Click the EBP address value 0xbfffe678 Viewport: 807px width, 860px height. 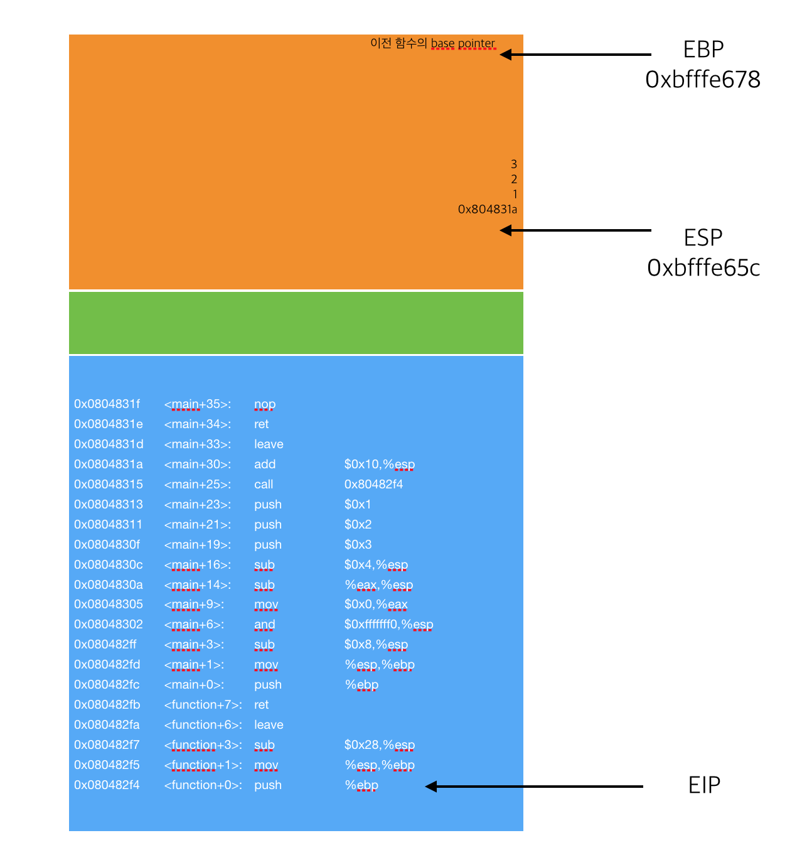click(703, 80)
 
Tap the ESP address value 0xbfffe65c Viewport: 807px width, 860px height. click(703, 268)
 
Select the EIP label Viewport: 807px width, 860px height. click(704, 785)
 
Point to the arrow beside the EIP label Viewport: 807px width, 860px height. click(534, 786)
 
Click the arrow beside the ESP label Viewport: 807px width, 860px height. click(575, 230)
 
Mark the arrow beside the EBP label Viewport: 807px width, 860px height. click(575, 55)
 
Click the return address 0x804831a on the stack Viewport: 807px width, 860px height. click(488, 209)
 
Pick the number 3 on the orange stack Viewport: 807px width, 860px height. click(514, 164)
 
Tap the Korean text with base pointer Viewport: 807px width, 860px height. click(432, 43)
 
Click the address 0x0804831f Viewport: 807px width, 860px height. click(107, 404)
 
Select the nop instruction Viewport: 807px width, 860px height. click(265, 404)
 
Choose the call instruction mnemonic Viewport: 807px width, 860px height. click(264, 484)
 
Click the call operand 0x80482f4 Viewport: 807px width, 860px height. click(373, 484)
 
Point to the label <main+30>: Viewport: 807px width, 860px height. click(198, 464)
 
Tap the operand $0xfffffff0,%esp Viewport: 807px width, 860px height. click(388, 624)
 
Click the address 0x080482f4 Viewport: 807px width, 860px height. click(107, 785)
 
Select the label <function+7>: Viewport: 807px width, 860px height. click(203, 704)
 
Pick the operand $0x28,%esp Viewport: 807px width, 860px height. click(379, 744)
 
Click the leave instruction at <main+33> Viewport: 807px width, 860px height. click(269, 444)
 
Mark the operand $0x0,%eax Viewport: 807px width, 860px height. click(376, 604)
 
